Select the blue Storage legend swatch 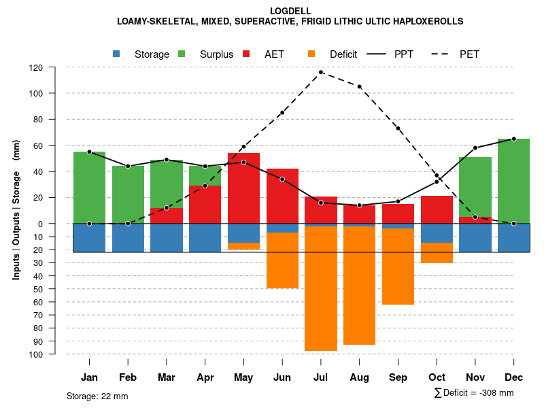116,54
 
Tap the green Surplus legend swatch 182,54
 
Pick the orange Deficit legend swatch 311,54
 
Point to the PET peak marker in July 321,72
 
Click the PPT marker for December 514,139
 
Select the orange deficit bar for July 321,288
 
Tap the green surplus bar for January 89,188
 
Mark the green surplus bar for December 514,181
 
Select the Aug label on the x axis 359,377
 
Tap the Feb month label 128,377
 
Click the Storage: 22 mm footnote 97,396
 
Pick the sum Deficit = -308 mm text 474,392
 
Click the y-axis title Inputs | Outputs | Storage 16,211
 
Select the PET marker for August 359,86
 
